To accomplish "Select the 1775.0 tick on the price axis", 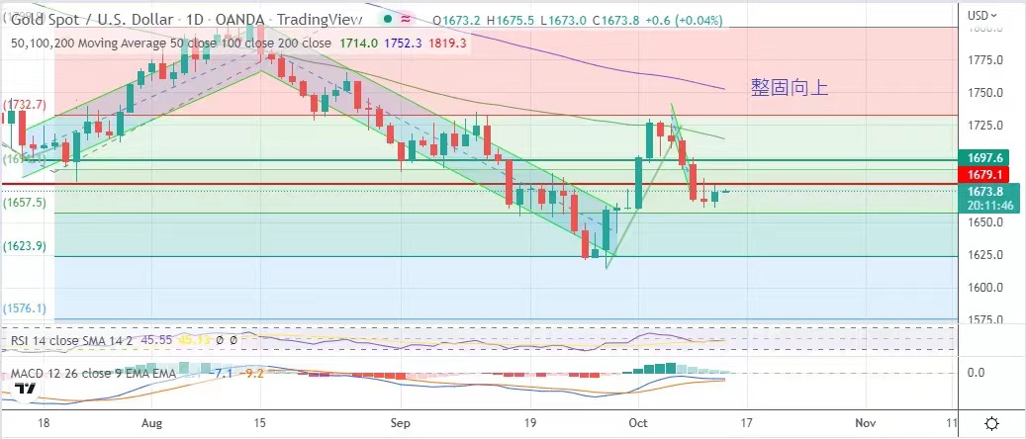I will pos(987,60).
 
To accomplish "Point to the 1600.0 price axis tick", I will pos(987,288).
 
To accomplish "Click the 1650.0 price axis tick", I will pos(987,222).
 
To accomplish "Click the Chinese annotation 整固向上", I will pos(790,88).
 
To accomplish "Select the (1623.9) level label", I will pos(26,247).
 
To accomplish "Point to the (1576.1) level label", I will pos(26,308).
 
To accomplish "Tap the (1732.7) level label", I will pos(26,104).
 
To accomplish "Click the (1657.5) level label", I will pos(26,202).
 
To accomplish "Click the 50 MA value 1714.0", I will pos(351,44).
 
